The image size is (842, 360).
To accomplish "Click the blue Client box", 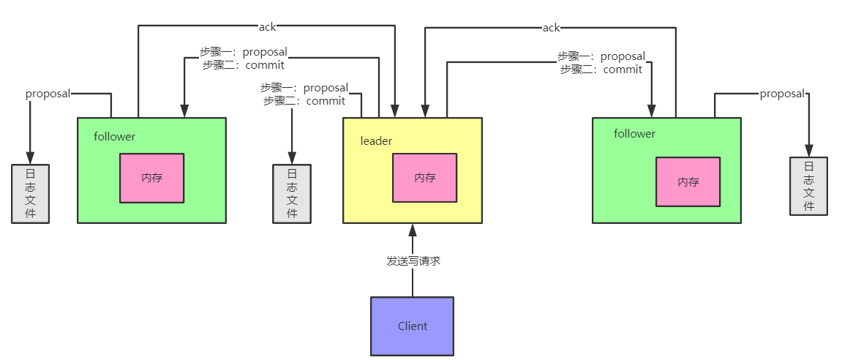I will [412, 326].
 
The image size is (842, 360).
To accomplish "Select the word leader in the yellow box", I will [376, 140].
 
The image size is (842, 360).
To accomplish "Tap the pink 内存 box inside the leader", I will [424, 178].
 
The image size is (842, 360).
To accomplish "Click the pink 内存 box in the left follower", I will [152, 178].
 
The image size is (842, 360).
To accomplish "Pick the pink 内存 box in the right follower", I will [688, 182].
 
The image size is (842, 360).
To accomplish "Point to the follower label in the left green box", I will [114, 137].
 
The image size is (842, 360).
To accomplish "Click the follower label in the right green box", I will [634, 134].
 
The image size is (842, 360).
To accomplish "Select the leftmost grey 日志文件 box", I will [30, 194].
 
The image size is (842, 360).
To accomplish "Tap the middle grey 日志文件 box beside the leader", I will [292, 194].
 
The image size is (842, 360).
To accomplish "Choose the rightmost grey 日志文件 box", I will [808, 186].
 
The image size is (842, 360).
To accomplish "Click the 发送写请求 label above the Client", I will [413, 260].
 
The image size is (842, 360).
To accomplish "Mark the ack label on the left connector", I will [267, 27].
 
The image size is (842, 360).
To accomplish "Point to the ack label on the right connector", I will [551, 28].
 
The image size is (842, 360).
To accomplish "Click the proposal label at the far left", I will [48, 94].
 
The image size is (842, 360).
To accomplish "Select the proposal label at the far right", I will [782, 94].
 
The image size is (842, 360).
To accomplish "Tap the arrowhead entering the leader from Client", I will [413, 228].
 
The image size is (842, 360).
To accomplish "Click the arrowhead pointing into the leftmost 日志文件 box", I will [30, 158].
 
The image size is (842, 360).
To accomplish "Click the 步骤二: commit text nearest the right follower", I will [601, 70].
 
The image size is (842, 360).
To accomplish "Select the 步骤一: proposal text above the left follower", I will [244, 52].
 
